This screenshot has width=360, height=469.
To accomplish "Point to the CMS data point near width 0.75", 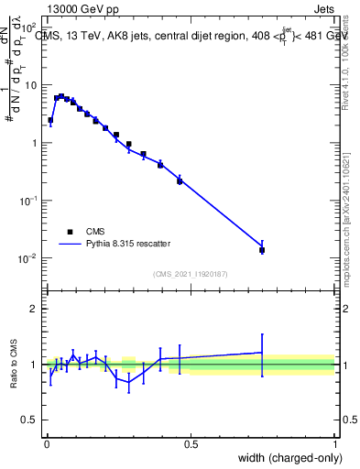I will click(262, 249).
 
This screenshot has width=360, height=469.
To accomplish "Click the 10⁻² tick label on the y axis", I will click(29, 258).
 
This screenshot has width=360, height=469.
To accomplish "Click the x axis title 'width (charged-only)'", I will click(286, 459).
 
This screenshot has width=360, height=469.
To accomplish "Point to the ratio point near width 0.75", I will click(262, 353).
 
